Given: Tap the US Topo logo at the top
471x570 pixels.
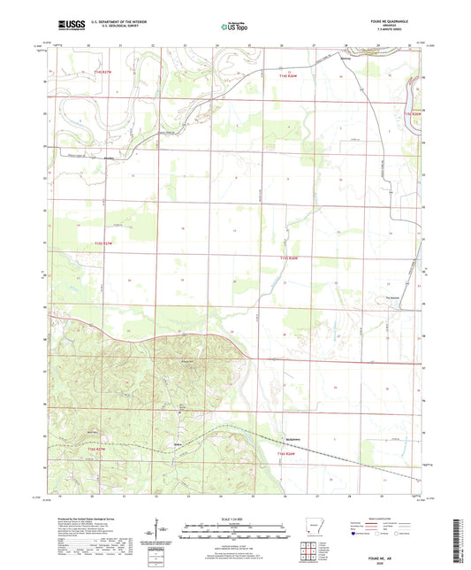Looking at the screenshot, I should coord(234,27).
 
